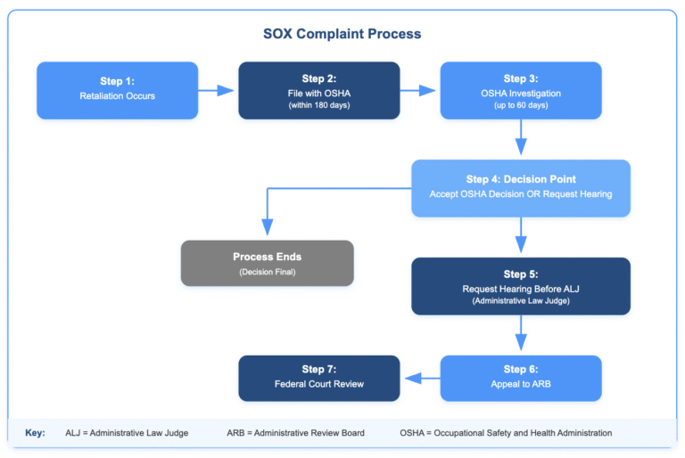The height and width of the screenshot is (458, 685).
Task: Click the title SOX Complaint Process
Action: click(x=342, y=34)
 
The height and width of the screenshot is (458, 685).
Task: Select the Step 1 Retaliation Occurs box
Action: click(x=117, y=90)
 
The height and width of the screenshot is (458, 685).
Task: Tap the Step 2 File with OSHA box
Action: click(x=318, y=90)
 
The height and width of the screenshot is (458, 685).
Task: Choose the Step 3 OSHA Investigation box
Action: click(x=521, y=90)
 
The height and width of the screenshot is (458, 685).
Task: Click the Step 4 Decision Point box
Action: click(x=521, y=188)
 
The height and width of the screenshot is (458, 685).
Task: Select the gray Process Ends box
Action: click(x=267, y=263)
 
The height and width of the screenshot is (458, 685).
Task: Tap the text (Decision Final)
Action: click(x=267, y=272)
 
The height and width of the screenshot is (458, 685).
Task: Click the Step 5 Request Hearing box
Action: click(x=521, y=286)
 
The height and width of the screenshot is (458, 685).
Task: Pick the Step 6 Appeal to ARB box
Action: click(x=521, y=378)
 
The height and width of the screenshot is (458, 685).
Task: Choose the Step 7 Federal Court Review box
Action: click(x=318, y=378)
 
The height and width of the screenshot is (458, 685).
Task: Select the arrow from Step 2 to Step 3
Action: click(x=420, y=90)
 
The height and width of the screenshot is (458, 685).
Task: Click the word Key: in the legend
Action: click(x=35, y=433)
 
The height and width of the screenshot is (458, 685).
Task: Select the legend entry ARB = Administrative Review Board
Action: click(x=295, y=433)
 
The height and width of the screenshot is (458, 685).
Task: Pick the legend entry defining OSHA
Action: click(x=506, y=433)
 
